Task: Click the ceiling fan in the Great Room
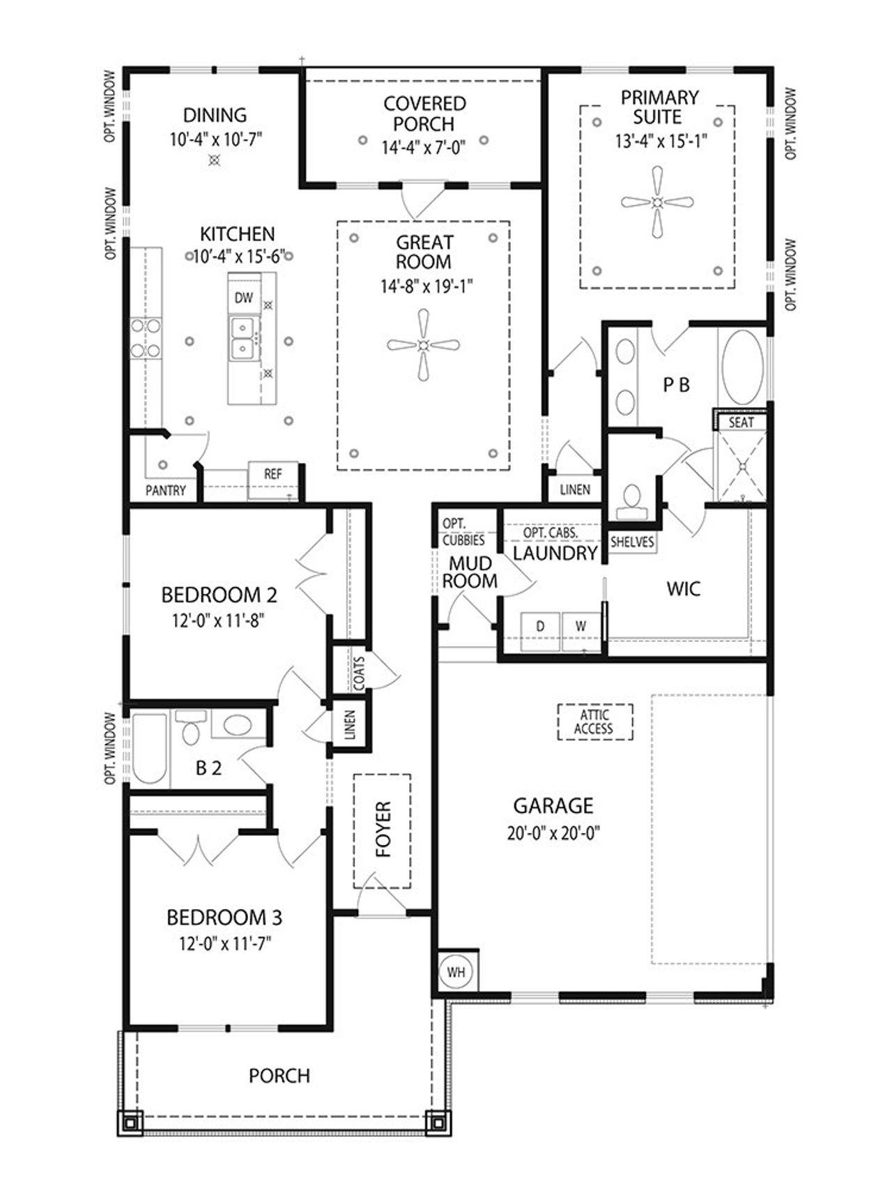pos(423,344)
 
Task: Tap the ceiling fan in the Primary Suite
pos(657,203)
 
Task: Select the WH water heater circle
pos(456,972)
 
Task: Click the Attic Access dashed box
pos(594,722)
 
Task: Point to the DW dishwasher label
pos(243,298)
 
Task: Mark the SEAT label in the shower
pos(741,422)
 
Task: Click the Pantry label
pos(166,491)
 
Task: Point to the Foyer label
pos(383,829)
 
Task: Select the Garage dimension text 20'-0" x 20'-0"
pos(554,833)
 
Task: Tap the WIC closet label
pos(684,588)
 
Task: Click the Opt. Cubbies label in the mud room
pos(463,532)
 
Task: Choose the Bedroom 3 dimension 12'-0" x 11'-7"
pos(224,944)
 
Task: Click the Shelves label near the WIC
pos(632,542)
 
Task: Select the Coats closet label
pos(359,673)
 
